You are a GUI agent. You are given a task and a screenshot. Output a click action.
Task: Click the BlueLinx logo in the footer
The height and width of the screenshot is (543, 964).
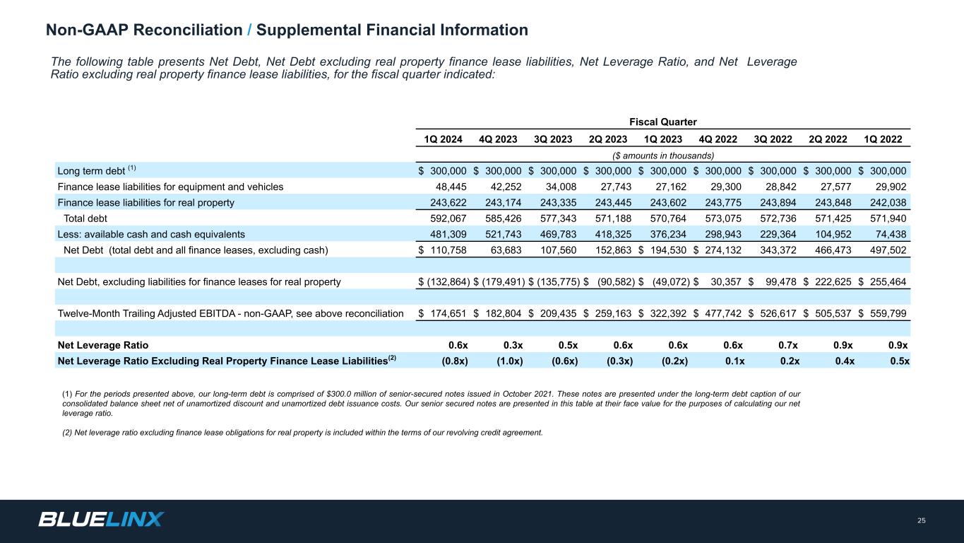101,519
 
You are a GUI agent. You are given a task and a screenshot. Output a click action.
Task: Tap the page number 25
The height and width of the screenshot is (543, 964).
922,520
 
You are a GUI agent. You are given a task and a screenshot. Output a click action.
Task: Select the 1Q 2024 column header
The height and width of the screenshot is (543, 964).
443,139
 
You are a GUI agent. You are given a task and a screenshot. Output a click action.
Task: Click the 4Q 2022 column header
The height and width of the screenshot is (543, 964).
718,139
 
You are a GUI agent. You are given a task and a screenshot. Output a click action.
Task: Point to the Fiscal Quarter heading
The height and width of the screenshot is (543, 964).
662,122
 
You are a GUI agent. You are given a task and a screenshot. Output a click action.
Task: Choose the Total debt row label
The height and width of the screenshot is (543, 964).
85,218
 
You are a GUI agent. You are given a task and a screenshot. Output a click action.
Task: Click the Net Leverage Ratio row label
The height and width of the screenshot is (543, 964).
103,345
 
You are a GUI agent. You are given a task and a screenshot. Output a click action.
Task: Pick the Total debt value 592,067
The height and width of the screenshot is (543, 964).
448,218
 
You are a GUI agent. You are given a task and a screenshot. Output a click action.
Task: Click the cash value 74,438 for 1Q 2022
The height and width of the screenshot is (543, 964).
891,235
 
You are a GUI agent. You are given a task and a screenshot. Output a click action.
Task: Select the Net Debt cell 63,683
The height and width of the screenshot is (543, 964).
506,250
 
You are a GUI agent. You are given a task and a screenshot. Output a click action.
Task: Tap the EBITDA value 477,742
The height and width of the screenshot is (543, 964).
723,313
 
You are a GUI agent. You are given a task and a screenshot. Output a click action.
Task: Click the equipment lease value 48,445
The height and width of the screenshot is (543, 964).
451,187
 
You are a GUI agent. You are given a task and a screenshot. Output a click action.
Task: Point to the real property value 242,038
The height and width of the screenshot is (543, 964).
888,202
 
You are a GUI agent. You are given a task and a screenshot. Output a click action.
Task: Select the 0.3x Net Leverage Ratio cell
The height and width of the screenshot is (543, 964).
513,345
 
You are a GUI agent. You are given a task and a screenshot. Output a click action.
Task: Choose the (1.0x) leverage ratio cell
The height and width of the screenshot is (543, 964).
510,361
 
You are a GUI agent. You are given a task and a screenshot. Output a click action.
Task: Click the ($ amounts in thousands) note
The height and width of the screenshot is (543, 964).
662,156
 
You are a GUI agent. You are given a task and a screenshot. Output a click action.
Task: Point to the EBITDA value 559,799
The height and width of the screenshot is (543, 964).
888,313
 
